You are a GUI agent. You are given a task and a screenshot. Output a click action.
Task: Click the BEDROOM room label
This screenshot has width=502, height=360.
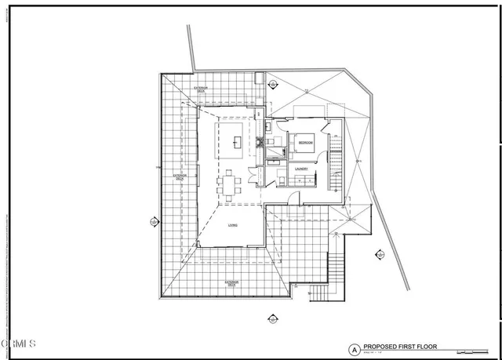pyautogui.click(x=306, y=143)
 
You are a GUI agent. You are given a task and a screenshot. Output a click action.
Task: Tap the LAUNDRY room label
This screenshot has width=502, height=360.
pyautogui.click(x=300, y=168)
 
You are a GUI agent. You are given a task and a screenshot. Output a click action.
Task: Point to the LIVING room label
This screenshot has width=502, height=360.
pyautogui.click(x=233, y=225)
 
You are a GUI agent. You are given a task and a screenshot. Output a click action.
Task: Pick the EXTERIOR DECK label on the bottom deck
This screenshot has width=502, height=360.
pyautogui.click(x=232, y=282)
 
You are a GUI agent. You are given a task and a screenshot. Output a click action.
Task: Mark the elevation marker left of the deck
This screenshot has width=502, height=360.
pyautogui.click(x=154, y=222)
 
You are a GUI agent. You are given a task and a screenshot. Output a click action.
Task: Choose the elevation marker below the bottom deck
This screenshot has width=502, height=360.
pyautogui.click(x=273, y=318)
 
